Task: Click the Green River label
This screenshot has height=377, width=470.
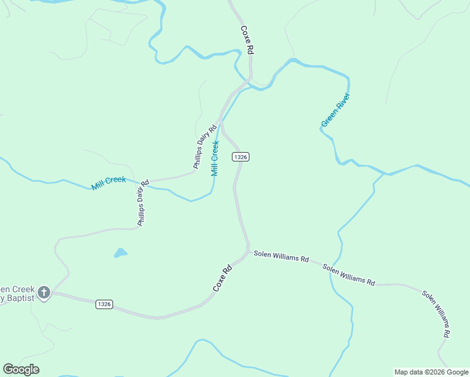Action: [335, 110]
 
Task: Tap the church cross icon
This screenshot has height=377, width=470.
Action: [43, 292]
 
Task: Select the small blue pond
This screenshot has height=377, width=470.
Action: [120, 253]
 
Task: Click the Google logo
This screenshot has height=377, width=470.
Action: [21, 369]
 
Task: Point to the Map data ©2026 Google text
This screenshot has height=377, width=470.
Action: [431, 372]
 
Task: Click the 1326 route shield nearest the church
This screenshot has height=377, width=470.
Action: [104, 304]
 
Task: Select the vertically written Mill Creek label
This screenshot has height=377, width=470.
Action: [215, 158]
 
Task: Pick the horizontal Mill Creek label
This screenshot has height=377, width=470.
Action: [109, 183]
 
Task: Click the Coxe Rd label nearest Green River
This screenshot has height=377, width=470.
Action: [247, 40]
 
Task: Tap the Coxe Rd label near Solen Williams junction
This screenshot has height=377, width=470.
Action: [222, 278]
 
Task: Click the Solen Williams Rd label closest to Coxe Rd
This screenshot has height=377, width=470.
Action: [281, 257]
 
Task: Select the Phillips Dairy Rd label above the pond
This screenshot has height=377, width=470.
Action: [143, 204]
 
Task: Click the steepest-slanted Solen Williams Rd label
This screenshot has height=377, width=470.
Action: [435, 314]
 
